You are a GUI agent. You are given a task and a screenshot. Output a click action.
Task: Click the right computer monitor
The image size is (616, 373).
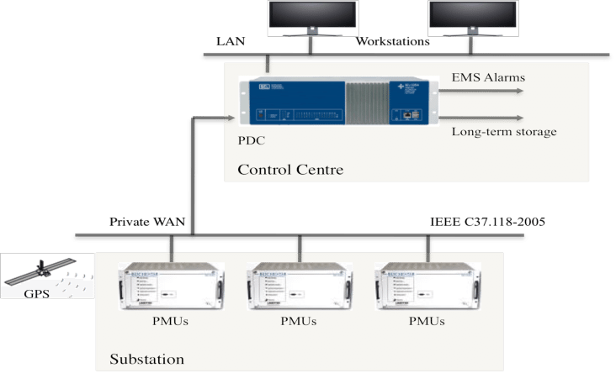click(x=473, y=18)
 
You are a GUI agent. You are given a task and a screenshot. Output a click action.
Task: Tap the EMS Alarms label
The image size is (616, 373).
click(x=488, y=78)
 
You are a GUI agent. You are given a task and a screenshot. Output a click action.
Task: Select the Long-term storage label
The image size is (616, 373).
click(x=504, y=132)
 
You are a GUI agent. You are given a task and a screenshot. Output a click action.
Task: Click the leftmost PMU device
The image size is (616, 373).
click(x=172, y=289)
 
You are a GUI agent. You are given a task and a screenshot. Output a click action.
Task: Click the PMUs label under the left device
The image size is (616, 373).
click(x=172, y=322)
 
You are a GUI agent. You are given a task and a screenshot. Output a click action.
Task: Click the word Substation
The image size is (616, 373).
click(x=146, y=360)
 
